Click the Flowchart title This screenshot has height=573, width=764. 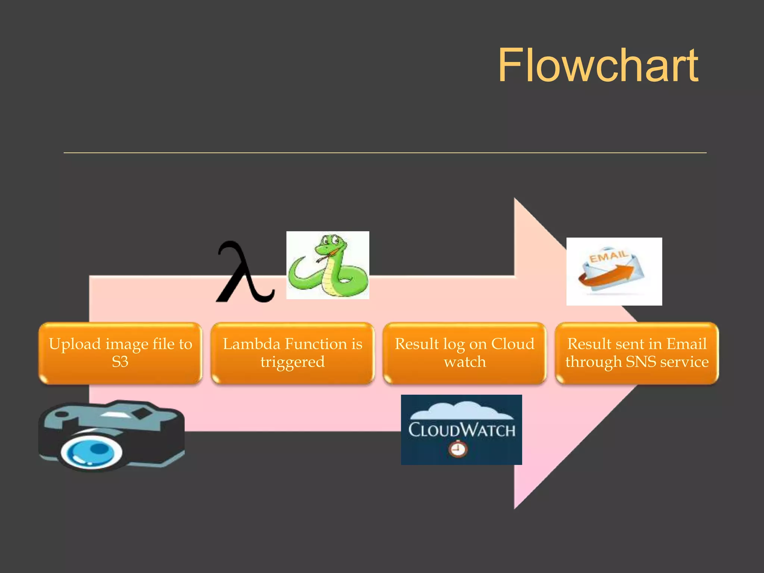pyautogui.click(x=598, y=66)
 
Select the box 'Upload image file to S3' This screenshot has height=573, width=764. pyautogui.click(x=120, y=353)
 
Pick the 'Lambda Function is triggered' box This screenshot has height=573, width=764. pyautogui.click(x=292, y=353)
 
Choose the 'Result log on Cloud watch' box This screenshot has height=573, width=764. pyautogui.click(x=464, y=353)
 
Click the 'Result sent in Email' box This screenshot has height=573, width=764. pyautogui.click(x=636, y=353)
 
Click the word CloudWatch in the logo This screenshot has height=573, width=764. pyautogui.click(x=461, y=430)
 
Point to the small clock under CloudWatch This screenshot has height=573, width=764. pyautogui.click(x=458, y=449)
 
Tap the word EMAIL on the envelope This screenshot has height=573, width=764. pyautogui.click(x=608, y=257)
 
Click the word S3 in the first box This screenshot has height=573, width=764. pyautogui.click(x=120, y=362)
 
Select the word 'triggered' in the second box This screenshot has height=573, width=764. pyautogui.click(x=292, y=362)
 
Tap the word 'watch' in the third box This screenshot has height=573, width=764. pyautogui.click(x=465, y=362)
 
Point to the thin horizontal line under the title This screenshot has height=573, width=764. pyautogui.click(x=384, y=153)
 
